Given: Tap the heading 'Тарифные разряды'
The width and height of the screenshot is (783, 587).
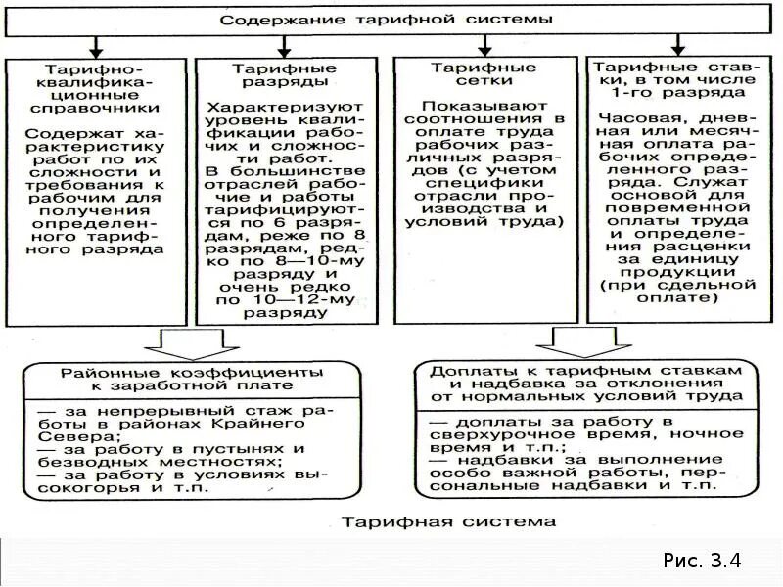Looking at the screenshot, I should click(x=284, y=75).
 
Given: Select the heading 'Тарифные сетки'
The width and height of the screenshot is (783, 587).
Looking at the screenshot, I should click(x=484, y=75).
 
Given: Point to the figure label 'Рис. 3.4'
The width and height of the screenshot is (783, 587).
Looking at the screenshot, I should click(x=702, y=561).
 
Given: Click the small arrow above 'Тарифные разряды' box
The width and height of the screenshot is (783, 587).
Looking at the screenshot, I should click(x=284, y=46).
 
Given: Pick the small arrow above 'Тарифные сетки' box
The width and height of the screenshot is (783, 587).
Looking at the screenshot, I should click(x=484, y=46).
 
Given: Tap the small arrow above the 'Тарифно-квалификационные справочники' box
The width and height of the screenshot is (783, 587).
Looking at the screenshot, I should click(x=95, y=46).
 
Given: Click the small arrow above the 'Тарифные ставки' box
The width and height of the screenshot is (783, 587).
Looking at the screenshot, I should click(x=677, y=46).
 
